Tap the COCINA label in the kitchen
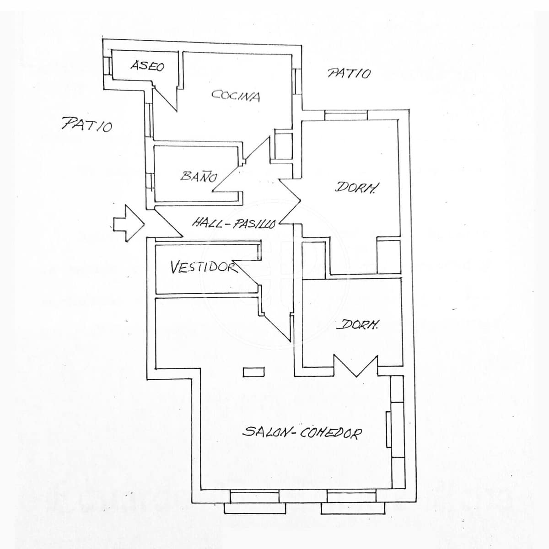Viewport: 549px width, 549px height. pyautogui.click(x=236, y=96)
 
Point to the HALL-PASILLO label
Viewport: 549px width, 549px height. pyautogui.click(x=234, y=223)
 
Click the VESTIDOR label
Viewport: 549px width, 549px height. pyautogui.click(x=203, y=267)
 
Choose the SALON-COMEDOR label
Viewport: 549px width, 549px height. pyautogui.click(x=302, y=432)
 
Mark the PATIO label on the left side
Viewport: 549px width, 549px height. pyautogui.click(x=87, y=124)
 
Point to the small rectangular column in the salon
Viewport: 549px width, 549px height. pyautogui.click(x=254, y=372)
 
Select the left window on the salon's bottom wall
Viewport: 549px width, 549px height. pyautogui.click(x=254, y=502)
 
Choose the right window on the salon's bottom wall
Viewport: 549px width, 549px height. pyautogui.click(x=352, y=502)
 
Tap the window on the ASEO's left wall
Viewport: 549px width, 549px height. pyautogui.click(x=108, y=66)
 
